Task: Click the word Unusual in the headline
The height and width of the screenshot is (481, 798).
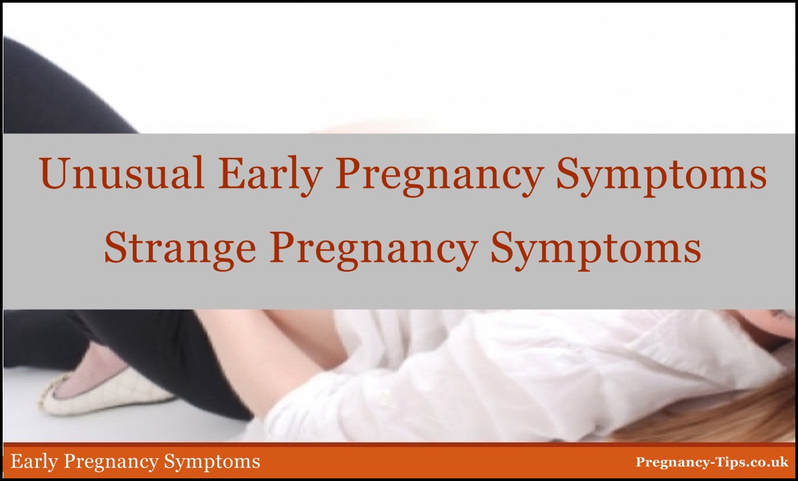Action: (121, 173)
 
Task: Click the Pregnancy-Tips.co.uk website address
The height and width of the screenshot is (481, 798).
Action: (712, 462)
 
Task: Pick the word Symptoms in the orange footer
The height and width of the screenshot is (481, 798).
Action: (212, 462)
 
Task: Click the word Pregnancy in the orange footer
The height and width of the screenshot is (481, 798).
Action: (112, 462)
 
